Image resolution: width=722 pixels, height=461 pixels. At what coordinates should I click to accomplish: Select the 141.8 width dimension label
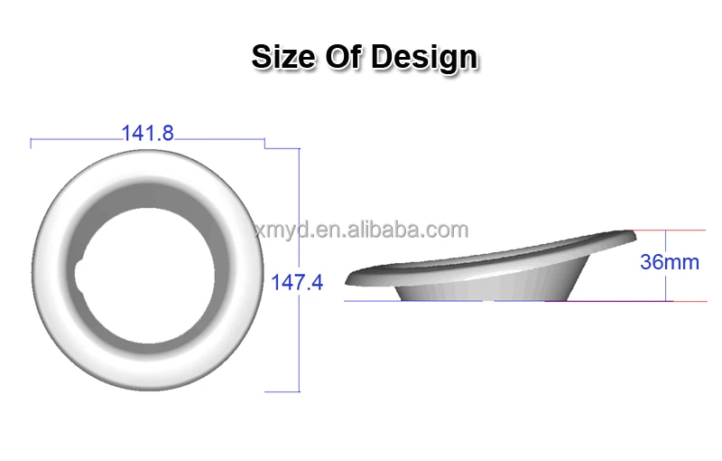coord(147,133)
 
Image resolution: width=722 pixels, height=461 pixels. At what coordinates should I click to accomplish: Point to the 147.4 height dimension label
coord(297,282)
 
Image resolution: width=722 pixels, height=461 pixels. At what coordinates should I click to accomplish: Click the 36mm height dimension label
coord(669,262)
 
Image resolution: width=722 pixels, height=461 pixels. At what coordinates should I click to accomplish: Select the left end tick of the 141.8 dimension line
coord(31,142)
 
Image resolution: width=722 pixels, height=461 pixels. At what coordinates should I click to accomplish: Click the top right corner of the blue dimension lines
coord(299,146)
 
